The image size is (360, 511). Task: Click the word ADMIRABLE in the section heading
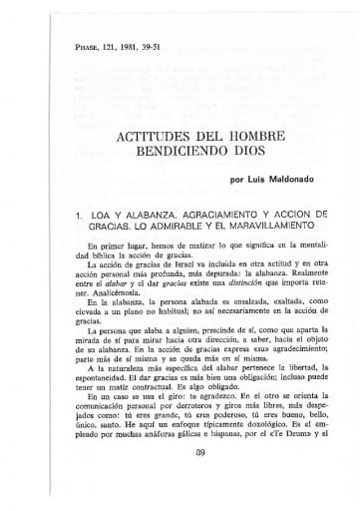pos(159,227)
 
